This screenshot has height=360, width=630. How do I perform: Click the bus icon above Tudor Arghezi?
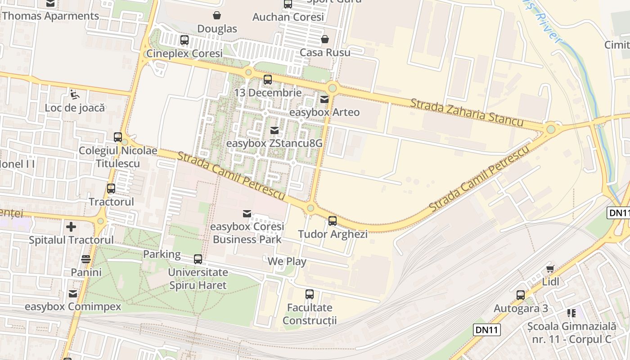pos(333,221)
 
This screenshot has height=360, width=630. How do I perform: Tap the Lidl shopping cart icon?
pos(550,269)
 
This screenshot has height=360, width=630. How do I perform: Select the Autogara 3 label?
pos(521,308)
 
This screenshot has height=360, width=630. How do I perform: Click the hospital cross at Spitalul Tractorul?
pos(71,226)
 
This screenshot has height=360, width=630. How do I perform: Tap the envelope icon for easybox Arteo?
pos(324,99)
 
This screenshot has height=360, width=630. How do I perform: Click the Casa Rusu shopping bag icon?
pos(325,40)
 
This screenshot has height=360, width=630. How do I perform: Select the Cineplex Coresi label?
pos(184,53)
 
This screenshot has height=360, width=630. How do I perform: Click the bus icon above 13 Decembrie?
pos(268,80)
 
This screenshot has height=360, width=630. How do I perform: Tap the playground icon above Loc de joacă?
pos(75,94)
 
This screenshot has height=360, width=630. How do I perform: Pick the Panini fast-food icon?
pos(86,259)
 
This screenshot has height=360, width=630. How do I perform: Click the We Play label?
pos(287,261)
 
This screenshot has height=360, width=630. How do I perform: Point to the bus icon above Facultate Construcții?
pos(310,294)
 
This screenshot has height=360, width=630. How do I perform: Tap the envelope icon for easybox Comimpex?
pos(73,294)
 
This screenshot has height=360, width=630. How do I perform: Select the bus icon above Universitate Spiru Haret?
pos(198,259)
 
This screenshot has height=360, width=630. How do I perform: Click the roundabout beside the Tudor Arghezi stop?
pos(310,208)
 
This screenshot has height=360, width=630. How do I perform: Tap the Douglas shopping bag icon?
pos(217,16)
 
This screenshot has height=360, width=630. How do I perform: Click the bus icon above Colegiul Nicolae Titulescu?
pos(118,137)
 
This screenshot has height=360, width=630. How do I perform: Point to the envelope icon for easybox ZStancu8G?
pos(274,130)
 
